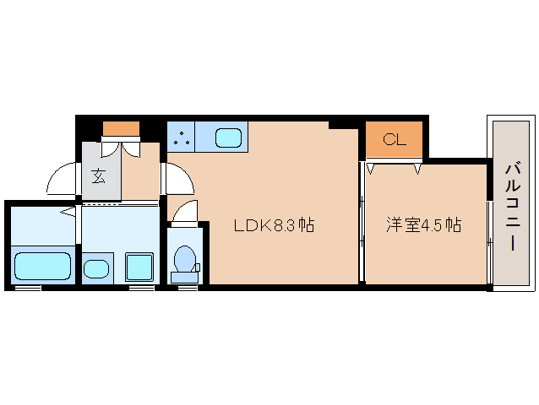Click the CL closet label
click(x=395, y=140)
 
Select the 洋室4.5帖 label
click(x=424, y=225)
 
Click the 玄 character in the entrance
click(x=98, y=177)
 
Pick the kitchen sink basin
click(x=229, y=137)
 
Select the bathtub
click(x=42, y=266)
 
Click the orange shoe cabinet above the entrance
click(x=121, y=129)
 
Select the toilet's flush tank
click(x=182, y=276)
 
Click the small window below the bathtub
click(x=28, y=289)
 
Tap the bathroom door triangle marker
click(x=66, y=212)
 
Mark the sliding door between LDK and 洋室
click(x=362, y=224)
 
